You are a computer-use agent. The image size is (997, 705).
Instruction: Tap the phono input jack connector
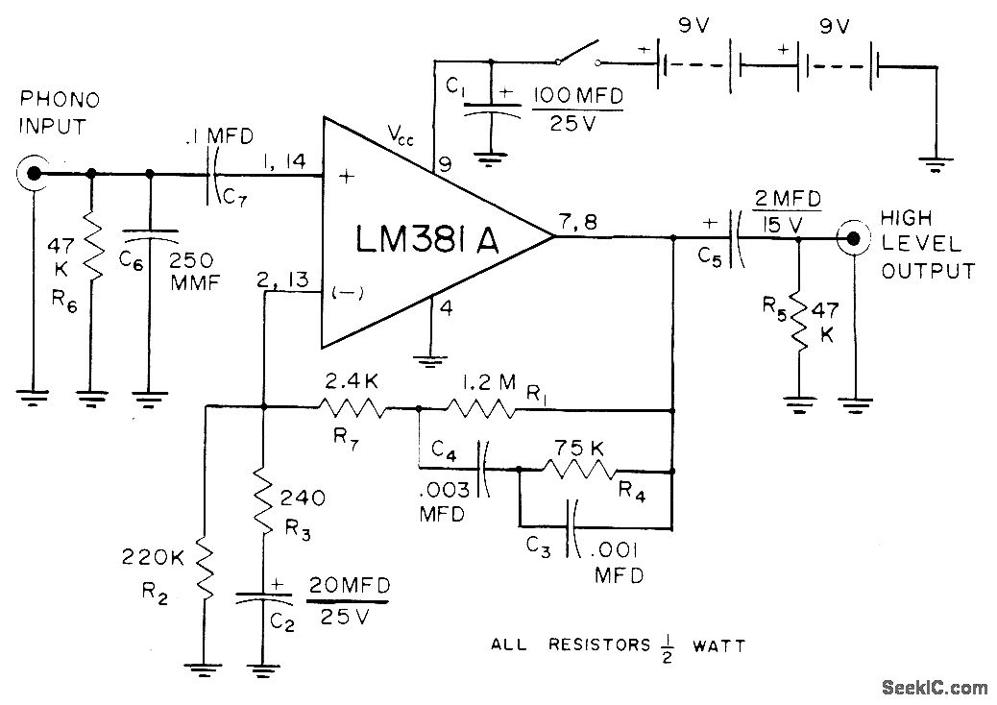(34, 174)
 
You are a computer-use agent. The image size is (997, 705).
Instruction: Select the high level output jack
(850, 235)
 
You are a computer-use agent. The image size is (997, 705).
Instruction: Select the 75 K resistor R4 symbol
(579, 471)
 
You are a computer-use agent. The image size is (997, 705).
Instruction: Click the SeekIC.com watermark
(935, 687)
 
